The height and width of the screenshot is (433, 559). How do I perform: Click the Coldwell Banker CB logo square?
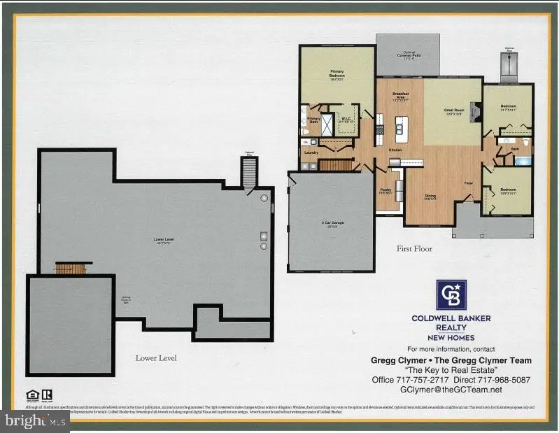451,294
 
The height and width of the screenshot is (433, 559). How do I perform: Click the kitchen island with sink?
401,129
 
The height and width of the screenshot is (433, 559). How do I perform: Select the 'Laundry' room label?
312,152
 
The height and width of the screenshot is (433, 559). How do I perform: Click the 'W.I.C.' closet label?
345,119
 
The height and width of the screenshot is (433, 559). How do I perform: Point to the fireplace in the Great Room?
476,112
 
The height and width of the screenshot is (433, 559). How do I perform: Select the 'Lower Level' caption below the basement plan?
156,357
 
